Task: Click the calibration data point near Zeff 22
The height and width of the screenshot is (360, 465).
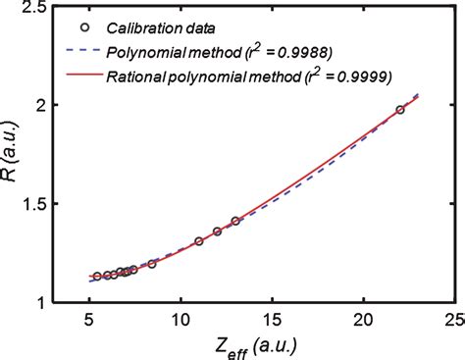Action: tap(400, 110)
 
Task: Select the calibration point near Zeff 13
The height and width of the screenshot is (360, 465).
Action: tap(235, 221)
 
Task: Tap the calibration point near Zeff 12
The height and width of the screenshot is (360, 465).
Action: tap(217, 231)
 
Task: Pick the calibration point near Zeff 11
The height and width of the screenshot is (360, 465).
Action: tap(199, 240)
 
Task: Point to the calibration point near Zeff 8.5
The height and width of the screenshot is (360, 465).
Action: tap(152, 264)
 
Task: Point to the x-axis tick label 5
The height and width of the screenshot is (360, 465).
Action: tap(88, 320)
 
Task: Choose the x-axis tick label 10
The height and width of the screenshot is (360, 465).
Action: tap(180, 320)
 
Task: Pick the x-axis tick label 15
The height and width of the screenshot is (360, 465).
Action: tap(272, 320)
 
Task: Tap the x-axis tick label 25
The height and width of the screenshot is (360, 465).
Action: tap(454, 320)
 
